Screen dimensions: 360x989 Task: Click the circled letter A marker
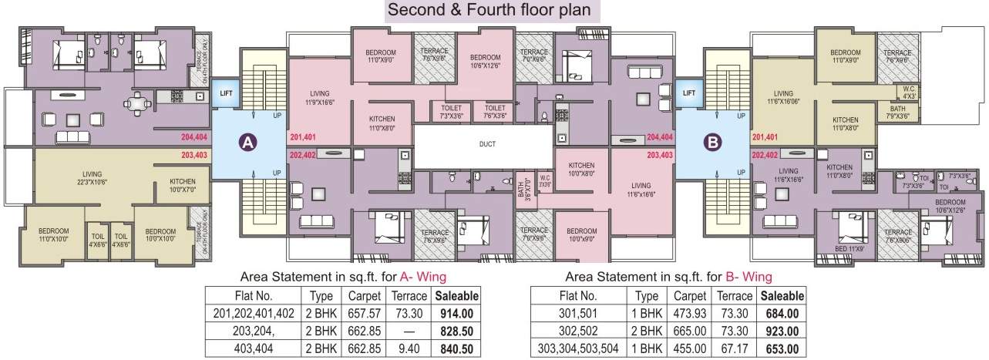[x=247, y=142]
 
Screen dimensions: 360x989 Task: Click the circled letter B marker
[x=711, y=142]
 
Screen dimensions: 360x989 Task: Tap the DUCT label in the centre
[x=486, y=144]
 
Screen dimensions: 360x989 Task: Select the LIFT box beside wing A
[x=226, y=93]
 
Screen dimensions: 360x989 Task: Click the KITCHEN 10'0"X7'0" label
[x=183, y=186]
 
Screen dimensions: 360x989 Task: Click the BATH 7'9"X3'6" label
[x=897, y=113]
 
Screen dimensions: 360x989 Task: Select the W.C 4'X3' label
[x=910, y=93]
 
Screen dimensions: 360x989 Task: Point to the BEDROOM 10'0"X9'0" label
[x=580, y=235]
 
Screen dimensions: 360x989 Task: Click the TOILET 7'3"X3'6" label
[x=452, y=112]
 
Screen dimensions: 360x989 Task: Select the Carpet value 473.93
[x=688, y=313]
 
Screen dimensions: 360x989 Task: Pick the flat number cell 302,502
[x=577, y=330]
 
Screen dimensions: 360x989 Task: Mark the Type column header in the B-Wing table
[x=646, y=296]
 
